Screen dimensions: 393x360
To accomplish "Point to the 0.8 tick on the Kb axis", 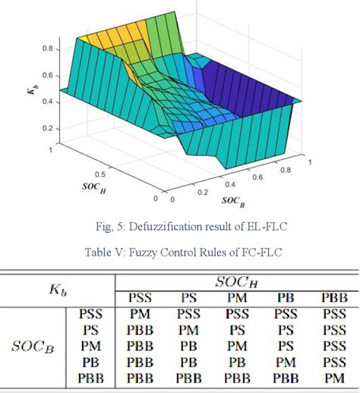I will (46, 48).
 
